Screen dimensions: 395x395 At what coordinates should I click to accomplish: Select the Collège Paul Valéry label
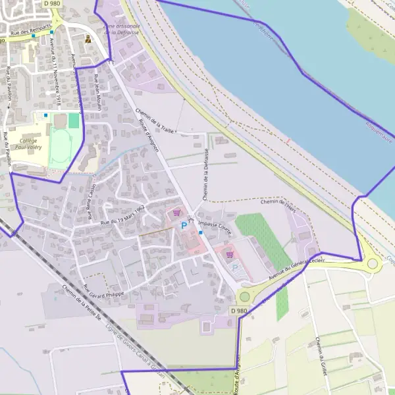point(30,144)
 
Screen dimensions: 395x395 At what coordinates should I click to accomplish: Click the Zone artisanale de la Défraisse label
point(122,28)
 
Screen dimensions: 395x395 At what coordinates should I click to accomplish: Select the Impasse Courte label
point(215,227)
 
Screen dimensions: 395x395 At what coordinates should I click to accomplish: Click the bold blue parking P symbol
point(184,225)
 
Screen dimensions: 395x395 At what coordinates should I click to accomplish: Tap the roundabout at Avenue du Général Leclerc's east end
point(373,263)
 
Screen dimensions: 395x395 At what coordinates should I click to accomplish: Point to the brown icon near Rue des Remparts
point(88,39)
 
